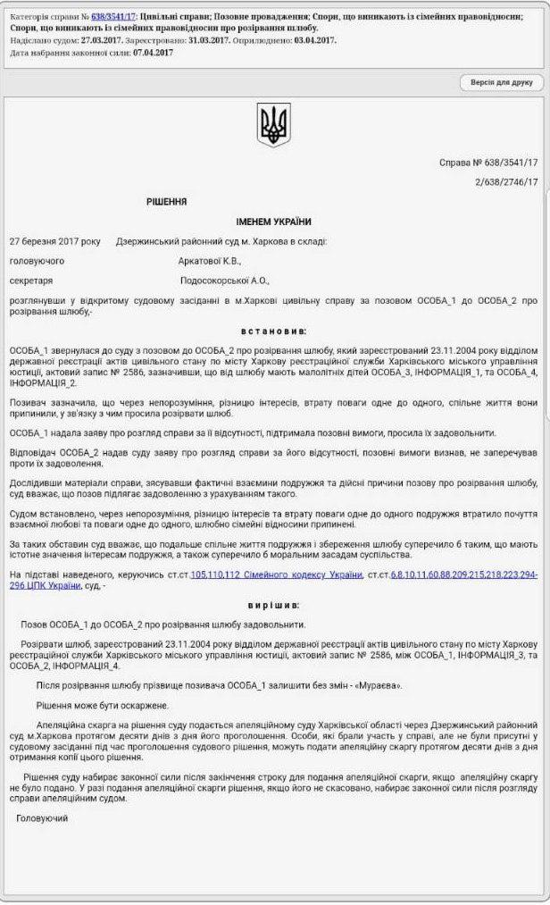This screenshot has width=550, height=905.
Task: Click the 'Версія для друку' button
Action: (502, 82)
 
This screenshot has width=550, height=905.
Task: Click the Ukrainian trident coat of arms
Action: (274, 125)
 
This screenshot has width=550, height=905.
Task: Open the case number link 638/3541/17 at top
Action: (113, 16)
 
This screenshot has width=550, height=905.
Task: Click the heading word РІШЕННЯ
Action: (167, 202)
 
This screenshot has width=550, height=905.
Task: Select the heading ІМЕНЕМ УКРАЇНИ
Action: (274, 222)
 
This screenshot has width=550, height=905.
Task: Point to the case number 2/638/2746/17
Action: (507, 182)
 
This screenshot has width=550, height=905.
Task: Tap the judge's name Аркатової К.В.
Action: (210, 261)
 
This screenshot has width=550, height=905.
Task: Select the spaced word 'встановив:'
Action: (274, 330)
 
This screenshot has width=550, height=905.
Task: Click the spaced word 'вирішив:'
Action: (274, 605)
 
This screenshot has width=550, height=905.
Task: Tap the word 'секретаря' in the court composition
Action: (31, 281)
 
